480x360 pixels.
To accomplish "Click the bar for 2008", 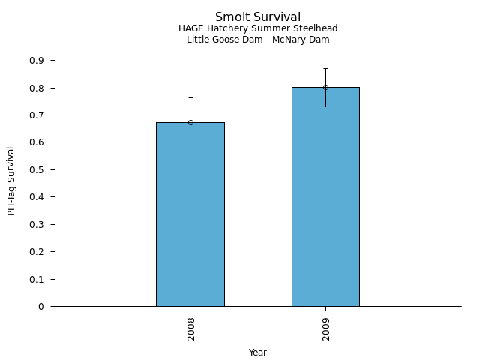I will tap(190, 217).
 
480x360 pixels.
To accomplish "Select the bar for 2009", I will tap(325, 199).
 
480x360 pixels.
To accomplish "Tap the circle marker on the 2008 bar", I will tap(190, 122).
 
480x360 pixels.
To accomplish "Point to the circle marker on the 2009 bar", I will tap(325, 87).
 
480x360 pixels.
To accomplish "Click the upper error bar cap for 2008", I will tap(190, 97).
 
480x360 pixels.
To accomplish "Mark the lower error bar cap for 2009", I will tap(325, 106).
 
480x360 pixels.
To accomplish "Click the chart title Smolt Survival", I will tap(258, 17).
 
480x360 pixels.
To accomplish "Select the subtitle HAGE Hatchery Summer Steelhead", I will tap(258, 29).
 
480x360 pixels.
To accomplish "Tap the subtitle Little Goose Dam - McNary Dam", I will tap(258, 40).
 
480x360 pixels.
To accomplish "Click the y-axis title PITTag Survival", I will tap(12, 181).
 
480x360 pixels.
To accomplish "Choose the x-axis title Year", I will tap(258, 352).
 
